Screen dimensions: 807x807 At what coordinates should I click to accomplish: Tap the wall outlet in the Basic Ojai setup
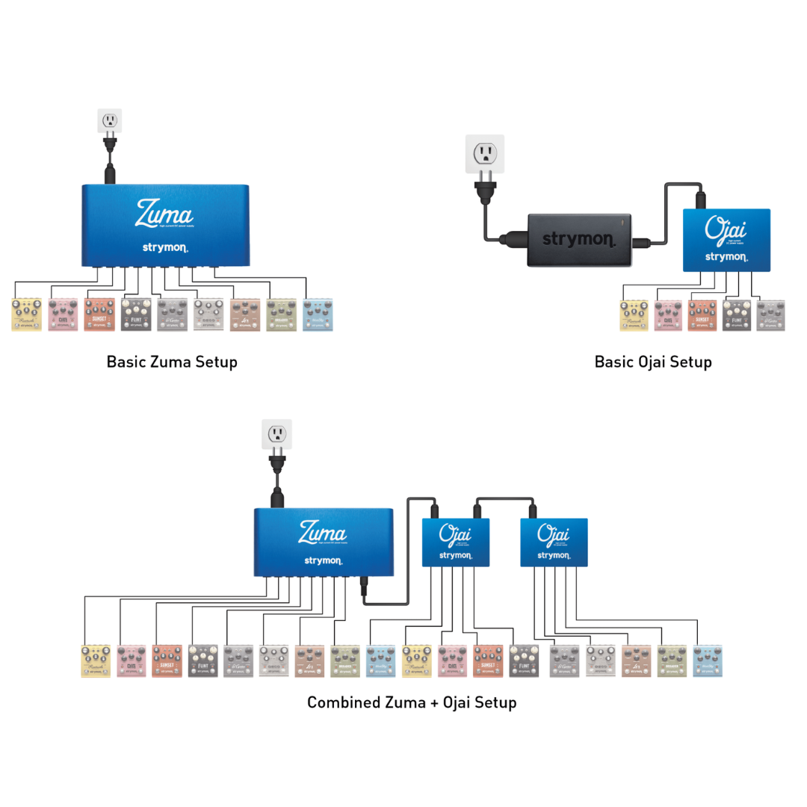click(485, 153)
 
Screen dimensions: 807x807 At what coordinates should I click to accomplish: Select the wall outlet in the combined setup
click(276, 433)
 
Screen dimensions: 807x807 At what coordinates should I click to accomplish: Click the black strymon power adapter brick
click(579, 240)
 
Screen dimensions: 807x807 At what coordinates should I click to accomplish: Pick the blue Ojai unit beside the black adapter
click(727, 240)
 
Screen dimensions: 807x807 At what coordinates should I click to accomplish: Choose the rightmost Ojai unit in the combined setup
click(554, 542)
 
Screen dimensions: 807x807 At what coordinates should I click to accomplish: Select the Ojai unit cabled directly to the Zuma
click(456, 542)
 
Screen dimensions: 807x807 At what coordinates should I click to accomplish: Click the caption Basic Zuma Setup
click(172, 362)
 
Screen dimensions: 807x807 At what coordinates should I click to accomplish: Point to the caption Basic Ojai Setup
click(653, 362)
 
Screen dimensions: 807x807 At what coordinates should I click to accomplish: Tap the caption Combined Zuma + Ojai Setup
click(412, 702)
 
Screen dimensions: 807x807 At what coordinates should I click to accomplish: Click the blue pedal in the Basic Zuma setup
click(318, 315)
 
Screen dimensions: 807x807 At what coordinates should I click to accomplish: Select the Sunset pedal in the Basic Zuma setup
click(99, 315)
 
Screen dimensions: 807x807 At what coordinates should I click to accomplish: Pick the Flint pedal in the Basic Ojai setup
click(737, 315)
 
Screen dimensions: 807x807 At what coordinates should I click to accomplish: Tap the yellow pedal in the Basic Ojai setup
click(634, 315)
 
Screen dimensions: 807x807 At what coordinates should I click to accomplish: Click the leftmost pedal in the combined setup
click(96, 661)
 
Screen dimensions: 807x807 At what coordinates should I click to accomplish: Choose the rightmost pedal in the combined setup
click(708, 661)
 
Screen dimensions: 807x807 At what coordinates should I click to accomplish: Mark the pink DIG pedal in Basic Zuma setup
click(63, 315)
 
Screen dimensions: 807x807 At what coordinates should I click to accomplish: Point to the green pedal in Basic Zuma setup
click(281, 315)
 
